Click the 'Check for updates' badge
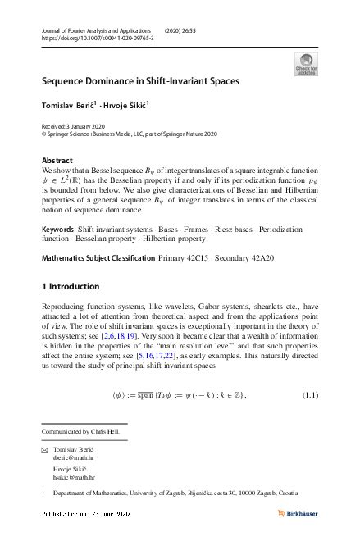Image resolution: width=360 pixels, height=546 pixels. click(x=305, y=65)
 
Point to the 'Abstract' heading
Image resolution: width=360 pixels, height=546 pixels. click(x=57, y=161)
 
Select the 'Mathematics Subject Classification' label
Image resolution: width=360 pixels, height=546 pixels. click(x=97, y=258)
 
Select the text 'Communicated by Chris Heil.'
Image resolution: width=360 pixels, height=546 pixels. click(x=84, y=430)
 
